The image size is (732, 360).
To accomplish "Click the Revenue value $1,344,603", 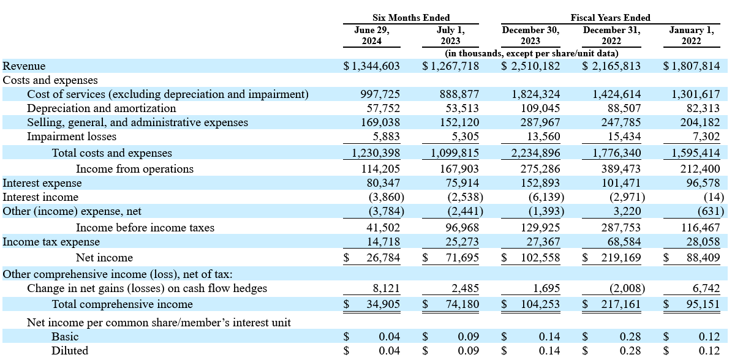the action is (372, 66).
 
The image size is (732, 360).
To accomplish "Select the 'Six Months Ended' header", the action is (411, 18).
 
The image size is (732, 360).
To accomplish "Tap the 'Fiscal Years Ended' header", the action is (610, 18).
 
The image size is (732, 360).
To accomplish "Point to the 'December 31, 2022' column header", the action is (611, 36).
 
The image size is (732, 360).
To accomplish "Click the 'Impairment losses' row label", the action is (72, 137).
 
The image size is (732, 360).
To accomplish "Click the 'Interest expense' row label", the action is (42, 183).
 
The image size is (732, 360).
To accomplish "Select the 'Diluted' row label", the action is (70, 350).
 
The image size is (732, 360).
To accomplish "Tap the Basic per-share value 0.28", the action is (631, 336).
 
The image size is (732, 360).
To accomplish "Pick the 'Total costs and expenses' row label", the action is (111, 153).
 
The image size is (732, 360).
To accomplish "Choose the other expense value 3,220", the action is (628, 211).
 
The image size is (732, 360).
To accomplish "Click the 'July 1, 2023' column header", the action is (451, 36).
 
